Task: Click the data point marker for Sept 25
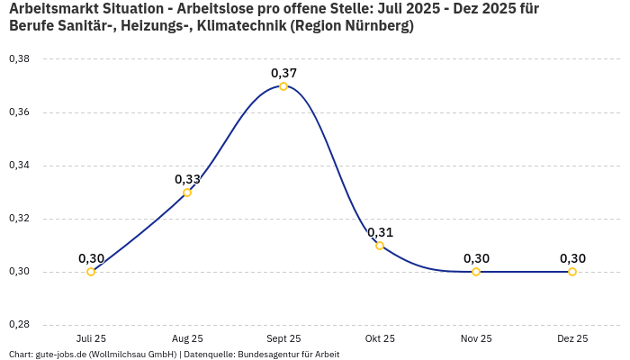click(283, 86)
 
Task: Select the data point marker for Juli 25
click(91, 272)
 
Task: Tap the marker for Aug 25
click(187, 193)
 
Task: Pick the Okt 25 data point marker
click(380, 246)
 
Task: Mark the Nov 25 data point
click(476, 272)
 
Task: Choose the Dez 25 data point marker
click(572, 272)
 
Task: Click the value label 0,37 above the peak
click(283, 73)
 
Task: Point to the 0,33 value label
click(187, 179)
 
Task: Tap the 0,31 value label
click(380, 232)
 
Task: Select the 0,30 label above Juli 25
click(91, 258)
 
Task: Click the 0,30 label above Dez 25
click(572, 258)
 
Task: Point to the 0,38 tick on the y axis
click(19, 59)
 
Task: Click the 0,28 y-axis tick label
click(19, 325)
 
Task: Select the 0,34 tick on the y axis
click(19, 166)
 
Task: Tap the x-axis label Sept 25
click(283, 339)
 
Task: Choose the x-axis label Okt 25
click(380, 339)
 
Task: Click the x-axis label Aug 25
click(187, 339)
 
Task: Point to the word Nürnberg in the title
click(370, 26)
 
